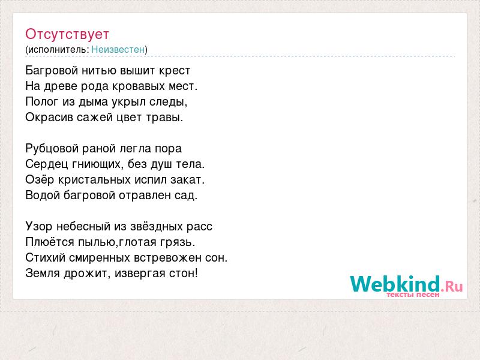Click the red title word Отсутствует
(67, 34)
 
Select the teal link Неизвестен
(118, 49)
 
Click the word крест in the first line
(175, 71)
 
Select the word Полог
(42, 101)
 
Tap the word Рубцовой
(52, 149)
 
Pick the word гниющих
(98, 164)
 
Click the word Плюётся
(50, 242)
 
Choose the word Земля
(43, 273)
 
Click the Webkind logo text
(395, 283)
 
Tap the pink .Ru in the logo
(452, 287)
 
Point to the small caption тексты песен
(413, 295)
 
